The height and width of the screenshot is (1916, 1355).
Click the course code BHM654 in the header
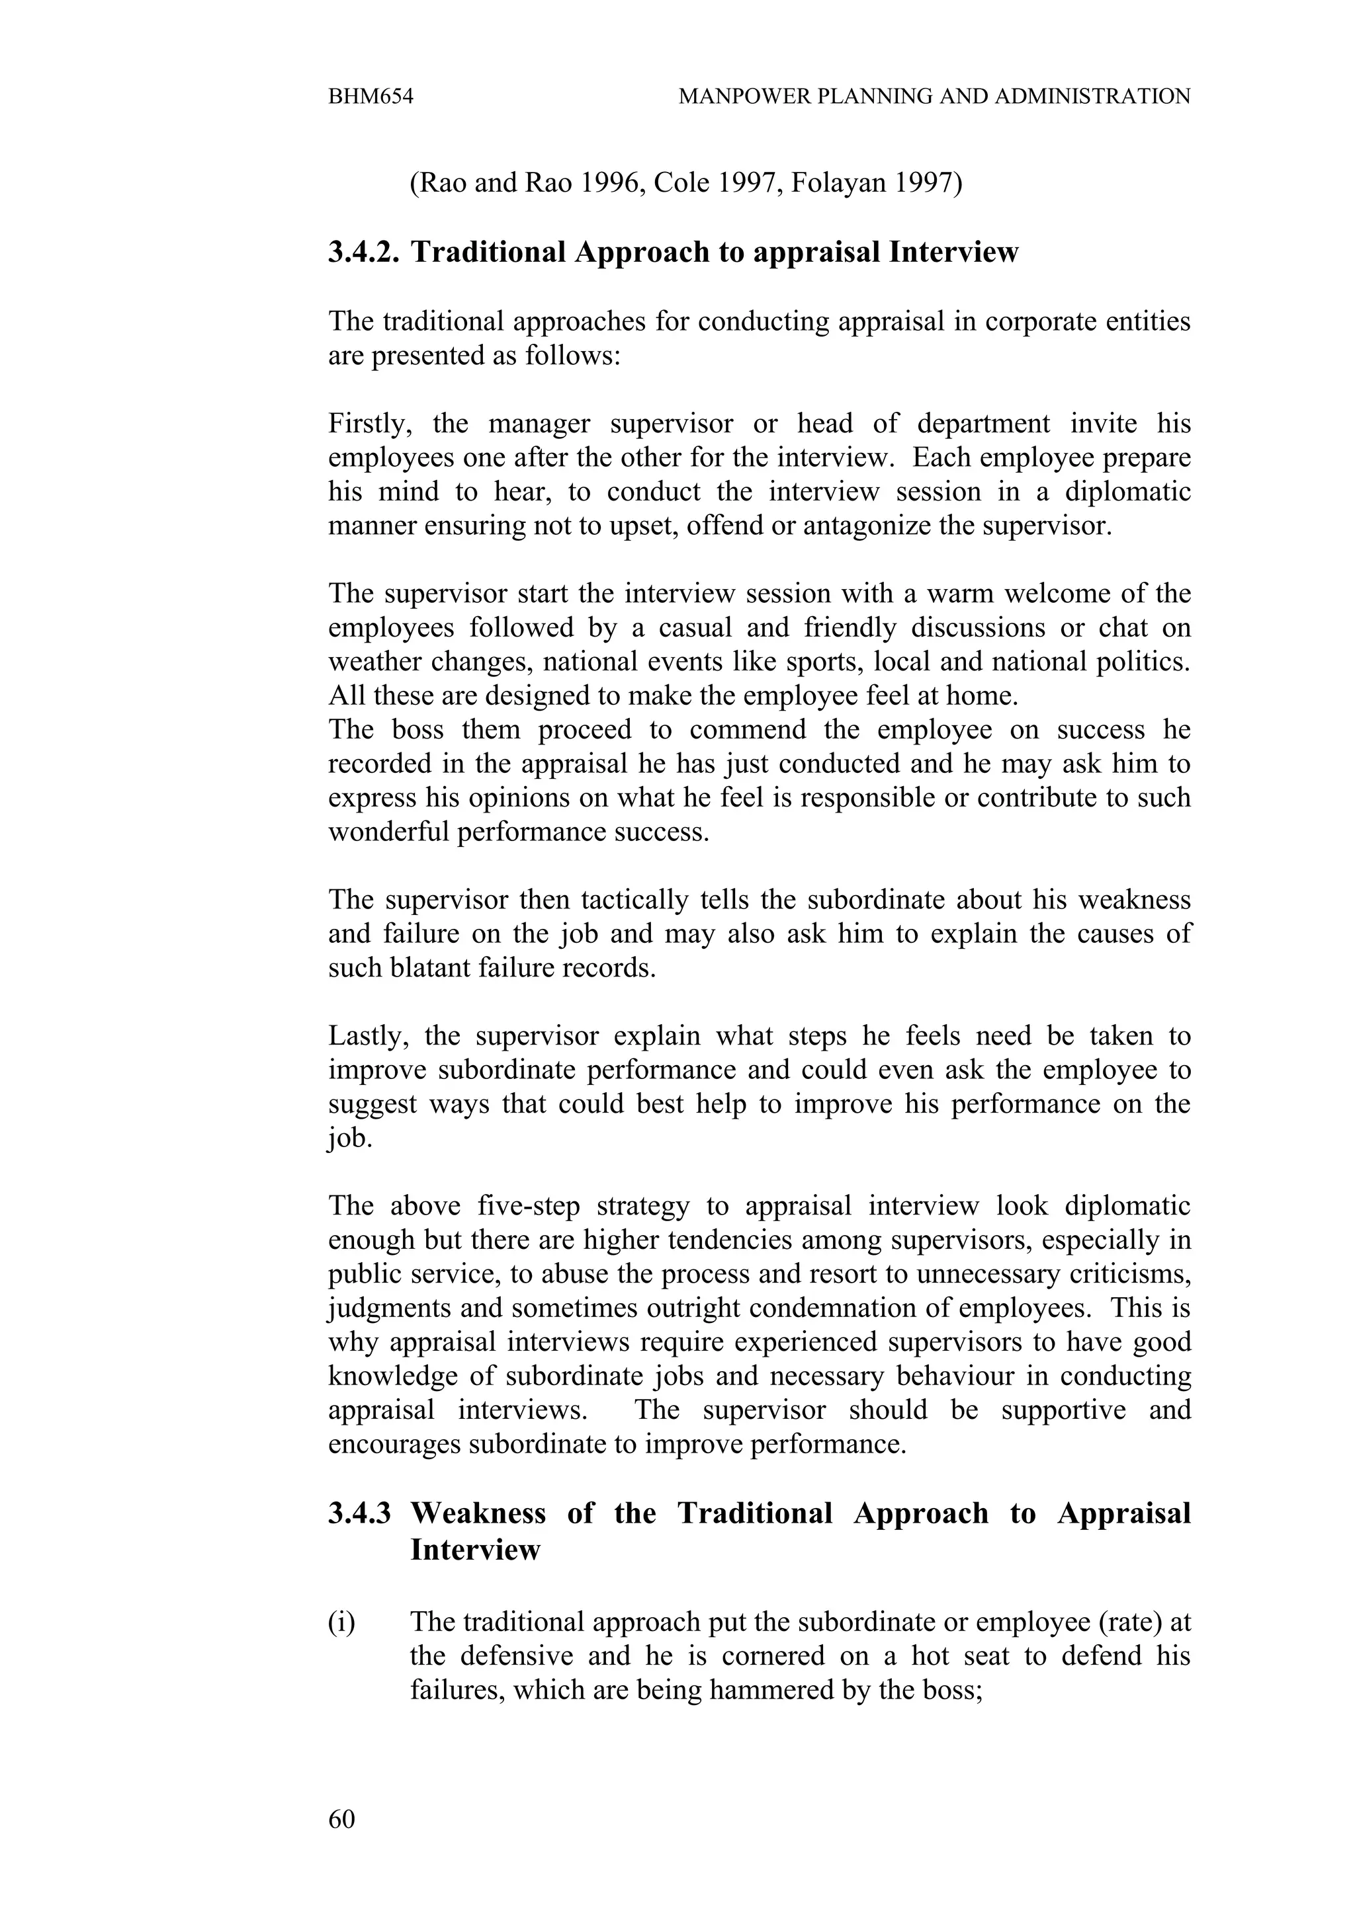coord(371,97)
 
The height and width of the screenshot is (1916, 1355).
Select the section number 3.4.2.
coord(364,252)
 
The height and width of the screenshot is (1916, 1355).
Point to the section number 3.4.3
coord(360,1513)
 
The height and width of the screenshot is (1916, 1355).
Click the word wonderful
coord(389,832)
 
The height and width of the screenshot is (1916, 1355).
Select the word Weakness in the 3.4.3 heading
coord(478,1513)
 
